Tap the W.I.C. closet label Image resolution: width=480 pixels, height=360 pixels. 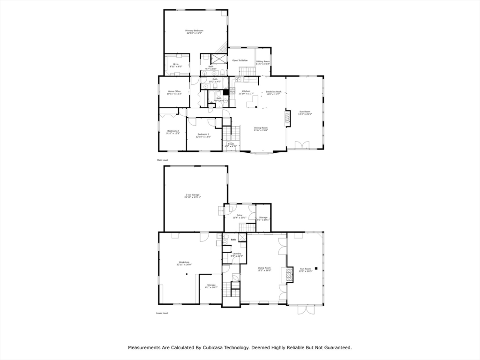pyautogui.click(x=176, y=64)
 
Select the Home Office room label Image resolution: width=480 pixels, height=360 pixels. pyautogui.click(x=174, y=91)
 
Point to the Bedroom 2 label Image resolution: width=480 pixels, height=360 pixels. pyautogui.click(x=173, y=131)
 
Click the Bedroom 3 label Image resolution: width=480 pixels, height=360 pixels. pyautogui.click(x=204, y=135)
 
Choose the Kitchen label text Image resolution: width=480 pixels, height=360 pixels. pyautogui.click(x=246, y=91)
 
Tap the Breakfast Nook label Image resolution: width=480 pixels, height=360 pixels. pyautogui.click(x=273, y=91)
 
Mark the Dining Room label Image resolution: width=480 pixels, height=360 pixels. pyautogui.click(x=261, y=127)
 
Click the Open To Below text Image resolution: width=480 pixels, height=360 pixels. pyautogui.click(x=240, y=60)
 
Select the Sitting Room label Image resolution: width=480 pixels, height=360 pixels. pyautogui.click(x=263, y=61)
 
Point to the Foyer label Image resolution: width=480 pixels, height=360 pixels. pyautogui.click(x=231, y=144)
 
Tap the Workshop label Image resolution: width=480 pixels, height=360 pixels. pyautogui.click(x=184, y=262)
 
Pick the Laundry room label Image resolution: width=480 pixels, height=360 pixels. pyautogui.click(x=237, y=254)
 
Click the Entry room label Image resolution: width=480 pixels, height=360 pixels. pyautogui.click(x=240, y=215)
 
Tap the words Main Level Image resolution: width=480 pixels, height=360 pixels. pyautogui.click(x=162, y=160)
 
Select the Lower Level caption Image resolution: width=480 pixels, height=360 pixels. pyautogui.click(x=162, y=313)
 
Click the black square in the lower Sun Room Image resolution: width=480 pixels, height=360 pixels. pyautogui.click(x=317, y=268)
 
